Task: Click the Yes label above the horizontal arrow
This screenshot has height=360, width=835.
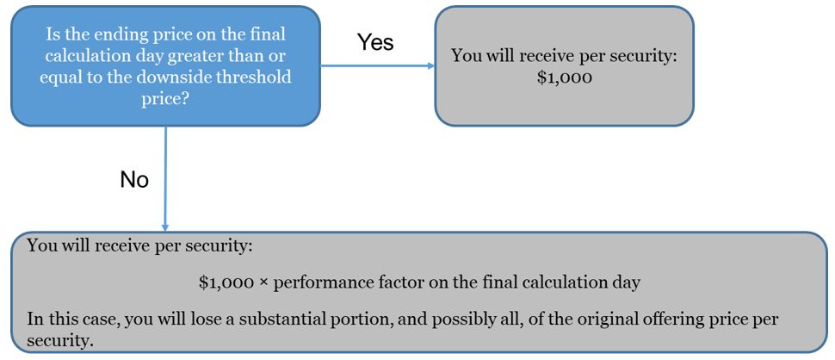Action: [375, 41]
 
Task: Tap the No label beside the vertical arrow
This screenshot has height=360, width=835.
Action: [134, 180]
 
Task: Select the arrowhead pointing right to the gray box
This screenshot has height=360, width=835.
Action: [430, 66]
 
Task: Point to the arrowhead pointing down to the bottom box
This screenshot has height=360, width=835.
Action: [165, 226]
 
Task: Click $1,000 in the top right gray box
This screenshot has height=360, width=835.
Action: [565, 78]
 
